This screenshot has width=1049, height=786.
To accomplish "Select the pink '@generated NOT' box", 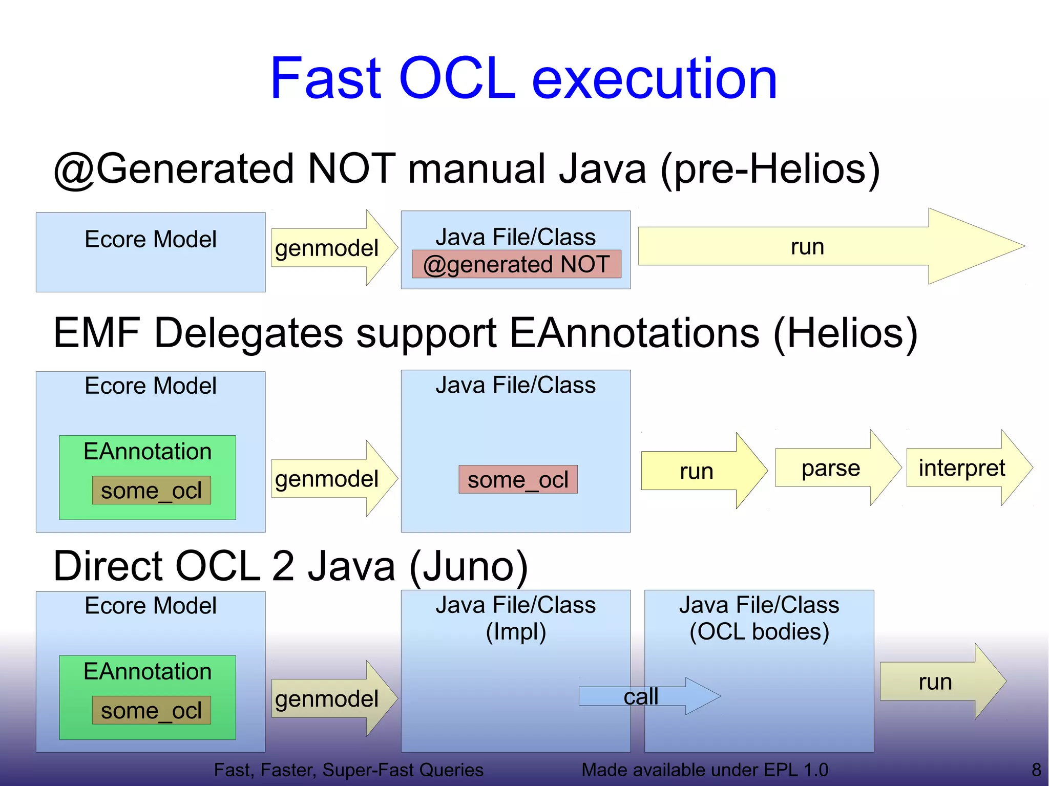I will pos(516,264).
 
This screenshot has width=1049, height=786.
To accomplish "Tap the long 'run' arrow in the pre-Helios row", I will pos(807,247).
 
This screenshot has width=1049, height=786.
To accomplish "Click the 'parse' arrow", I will pos(831,468).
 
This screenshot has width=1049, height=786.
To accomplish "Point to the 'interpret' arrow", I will pos(962,468).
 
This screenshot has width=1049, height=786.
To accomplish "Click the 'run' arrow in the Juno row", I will pos(935,682).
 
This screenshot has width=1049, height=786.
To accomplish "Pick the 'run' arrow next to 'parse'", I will pos(697,471).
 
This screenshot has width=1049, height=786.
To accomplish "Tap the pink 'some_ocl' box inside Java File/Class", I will pos(518,480).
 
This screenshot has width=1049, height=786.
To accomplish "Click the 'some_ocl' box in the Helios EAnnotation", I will pos(151,491).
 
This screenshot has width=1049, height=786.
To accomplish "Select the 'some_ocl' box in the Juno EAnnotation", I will pos(151,710).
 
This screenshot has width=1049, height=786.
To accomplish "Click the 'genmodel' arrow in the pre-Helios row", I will pos(327,248).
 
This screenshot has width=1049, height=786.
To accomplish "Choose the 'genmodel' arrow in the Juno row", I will pos(327,698).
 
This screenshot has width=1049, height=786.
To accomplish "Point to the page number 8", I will pos(1036,770).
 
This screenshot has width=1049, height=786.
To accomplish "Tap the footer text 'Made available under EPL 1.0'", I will pos(704,770).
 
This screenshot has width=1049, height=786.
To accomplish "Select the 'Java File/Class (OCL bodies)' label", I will pos(759,618).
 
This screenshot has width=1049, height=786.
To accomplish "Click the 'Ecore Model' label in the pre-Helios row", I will pos(151,239).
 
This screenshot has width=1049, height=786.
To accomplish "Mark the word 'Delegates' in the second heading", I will pos(248,333).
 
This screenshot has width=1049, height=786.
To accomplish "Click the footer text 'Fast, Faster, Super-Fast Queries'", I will pos(348,770).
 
